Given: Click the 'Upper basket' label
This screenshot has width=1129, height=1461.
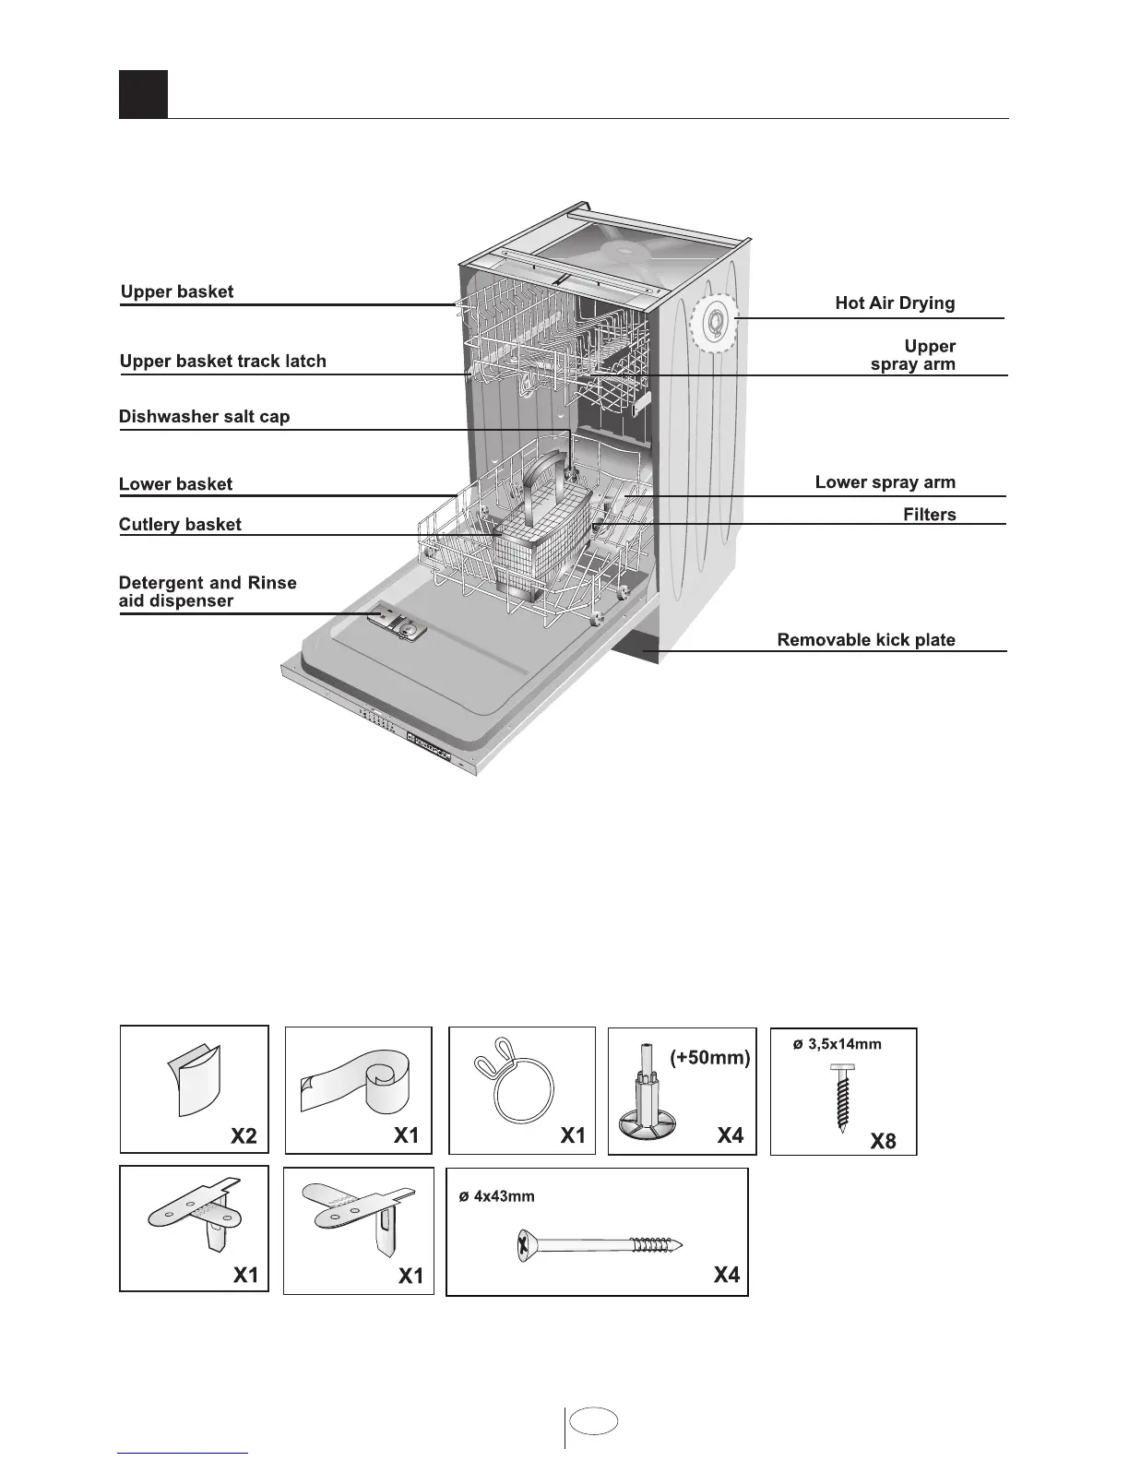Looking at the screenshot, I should (177, 292).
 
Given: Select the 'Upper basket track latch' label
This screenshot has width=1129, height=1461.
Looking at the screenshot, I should (222, 362).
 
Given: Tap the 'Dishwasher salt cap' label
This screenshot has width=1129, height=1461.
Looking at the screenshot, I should (204, 417).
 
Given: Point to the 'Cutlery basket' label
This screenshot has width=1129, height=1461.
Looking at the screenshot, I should (180, 525).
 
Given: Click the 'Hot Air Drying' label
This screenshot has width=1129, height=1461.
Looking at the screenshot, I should (895, 303).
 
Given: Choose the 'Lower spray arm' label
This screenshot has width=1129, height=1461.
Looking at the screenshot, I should (885, 482).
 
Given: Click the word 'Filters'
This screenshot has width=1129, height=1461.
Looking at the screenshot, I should (929, 515).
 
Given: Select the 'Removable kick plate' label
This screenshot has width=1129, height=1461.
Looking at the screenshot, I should (865, 640).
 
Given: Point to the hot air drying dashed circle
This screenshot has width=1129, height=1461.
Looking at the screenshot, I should (714, 323).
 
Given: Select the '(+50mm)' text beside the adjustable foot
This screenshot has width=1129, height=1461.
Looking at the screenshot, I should (709, 1057).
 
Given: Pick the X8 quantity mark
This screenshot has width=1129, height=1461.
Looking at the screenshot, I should (883, 1141).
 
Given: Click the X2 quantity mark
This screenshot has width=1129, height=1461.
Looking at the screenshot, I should (244, 1135).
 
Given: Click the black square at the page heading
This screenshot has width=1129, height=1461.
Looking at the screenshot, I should (143, 94).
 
